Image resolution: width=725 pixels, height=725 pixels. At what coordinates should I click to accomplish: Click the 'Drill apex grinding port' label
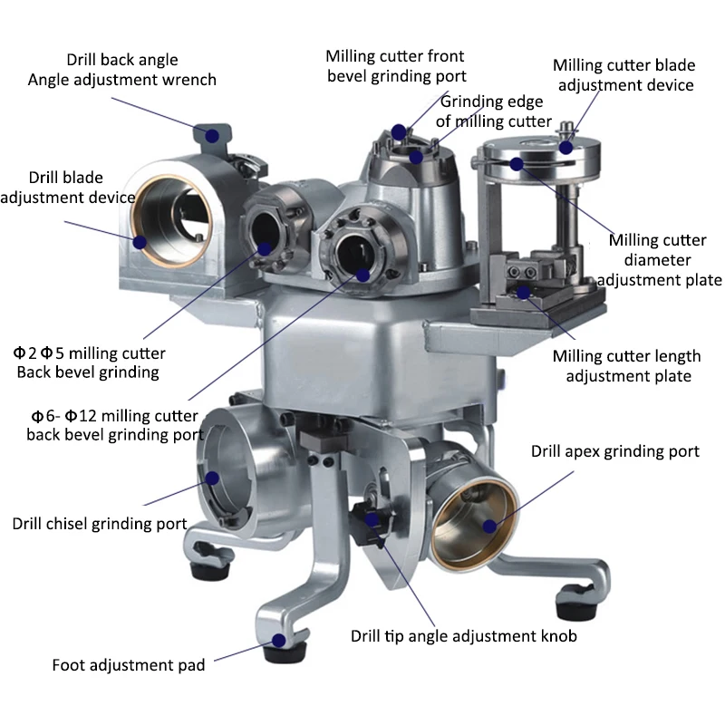(x=615, y=451)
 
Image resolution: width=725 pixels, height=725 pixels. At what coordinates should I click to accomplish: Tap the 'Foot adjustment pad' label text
(x=129, y=665)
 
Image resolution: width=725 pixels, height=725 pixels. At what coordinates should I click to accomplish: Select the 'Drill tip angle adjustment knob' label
(x=464, y=636)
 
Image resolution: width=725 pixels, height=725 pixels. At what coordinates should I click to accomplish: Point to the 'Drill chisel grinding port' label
(x=100, y=524)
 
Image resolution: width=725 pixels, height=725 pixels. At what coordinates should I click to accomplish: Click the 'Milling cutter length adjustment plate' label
(x=627, y=366)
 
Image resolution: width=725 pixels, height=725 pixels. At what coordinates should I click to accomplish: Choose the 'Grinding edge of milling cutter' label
(x=493, y=111)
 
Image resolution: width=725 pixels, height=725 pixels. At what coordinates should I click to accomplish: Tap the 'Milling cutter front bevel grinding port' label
(x=396, y=66)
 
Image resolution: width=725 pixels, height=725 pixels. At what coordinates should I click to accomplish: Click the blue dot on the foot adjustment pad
(x=278, y=641)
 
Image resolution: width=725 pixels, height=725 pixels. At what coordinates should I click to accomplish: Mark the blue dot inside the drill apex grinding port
(x=489, y=526)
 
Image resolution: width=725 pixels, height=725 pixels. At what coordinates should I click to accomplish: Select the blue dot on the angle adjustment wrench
(x=212, y=136)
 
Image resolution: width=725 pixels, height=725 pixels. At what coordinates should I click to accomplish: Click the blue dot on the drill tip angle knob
(x=372, y=519)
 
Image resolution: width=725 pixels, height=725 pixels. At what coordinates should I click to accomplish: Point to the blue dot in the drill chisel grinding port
(x=212, y=478)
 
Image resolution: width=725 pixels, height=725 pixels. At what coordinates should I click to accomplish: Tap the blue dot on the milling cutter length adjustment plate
(x=523, y=292)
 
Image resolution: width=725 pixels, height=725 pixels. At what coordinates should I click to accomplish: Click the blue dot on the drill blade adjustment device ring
(x=140, y=242)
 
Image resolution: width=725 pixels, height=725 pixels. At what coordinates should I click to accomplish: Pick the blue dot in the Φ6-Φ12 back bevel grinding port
(x=363, y=275)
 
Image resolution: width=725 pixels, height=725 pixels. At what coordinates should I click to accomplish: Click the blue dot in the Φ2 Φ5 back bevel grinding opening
(x=264, y=248)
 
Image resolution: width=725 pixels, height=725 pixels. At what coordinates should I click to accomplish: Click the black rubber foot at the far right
(x=575, y=607)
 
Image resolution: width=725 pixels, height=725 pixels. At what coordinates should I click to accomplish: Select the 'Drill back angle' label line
(x=122, y=60)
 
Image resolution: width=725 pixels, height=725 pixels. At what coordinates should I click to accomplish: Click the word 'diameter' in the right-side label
(x=658, y=260)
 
